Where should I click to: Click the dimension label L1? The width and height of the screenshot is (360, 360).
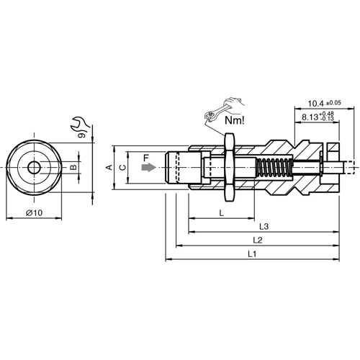pyautogui.click(x=251, y=254)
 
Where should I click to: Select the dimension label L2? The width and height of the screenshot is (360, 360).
pyautogui.click(x=257, y=240)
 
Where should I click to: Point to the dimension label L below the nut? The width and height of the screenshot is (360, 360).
pyautogui.click(x=220, y=213)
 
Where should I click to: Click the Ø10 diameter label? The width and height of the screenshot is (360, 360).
pyautogui.click(x=34, y=212)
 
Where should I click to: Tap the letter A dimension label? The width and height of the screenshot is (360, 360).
pyautogui.click(x=109, y=167)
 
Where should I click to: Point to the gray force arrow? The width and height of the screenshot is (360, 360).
pyautogui.click(x=148, y=167)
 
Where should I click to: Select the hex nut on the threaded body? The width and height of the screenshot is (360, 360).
pyautogui.click(x=230, y=167)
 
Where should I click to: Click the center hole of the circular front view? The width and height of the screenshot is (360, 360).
pyautogui.click(x=34, y=167)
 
